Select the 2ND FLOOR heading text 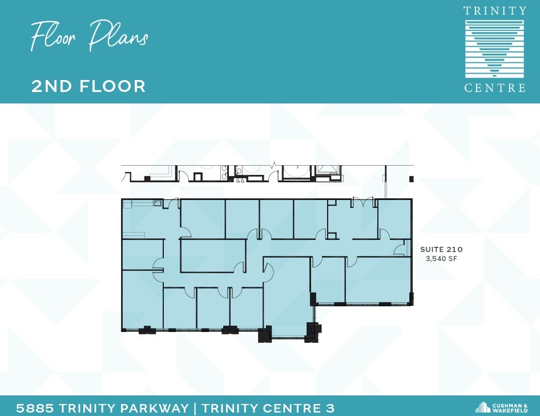click(x=88, y=86)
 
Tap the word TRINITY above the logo click(x=495, y=11)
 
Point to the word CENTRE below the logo click(x=494, y=88)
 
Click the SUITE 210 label click(x=441, y=250)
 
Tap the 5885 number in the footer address click(x=34, y=408)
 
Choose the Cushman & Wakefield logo click(x=502, y=407)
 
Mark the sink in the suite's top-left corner click(x=156, y=202)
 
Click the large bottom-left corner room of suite click(x=142, y=300)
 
